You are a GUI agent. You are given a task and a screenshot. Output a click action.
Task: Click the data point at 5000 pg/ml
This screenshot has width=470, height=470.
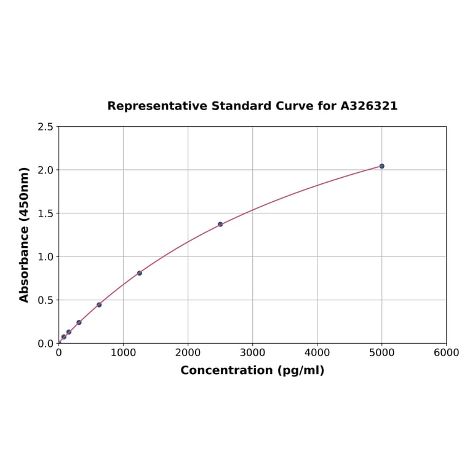pos(381,166)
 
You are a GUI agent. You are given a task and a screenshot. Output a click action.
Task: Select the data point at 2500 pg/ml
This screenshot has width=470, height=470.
pos(220,225)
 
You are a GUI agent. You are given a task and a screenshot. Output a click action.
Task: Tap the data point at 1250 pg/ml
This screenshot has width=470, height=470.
pos(140,273)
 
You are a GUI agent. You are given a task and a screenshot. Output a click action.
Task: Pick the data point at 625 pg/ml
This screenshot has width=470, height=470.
pos(99,305)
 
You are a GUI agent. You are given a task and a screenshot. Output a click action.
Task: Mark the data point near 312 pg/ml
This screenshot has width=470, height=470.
pos(79,322)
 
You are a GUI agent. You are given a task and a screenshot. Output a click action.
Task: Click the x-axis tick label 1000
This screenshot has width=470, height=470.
pos(123,352)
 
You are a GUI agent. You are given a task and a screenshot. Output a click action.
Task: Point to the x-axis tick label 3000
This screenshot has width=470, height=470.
pos(252,352)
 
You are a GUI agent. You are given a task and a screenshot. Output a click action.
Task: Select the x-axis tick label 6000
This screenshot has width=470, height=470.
pos(446,352)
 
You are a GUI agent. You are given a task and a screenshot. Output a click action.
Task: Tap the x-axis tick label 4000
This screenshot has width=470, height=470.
pos(317,352)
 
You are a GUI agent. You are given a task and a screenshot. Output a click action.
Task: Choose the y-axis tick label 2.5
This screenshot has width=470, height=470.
pos(46,127)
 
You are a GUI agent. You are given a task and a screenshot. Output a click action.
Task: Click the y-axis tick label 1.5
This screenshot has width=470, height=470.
pos(46,213)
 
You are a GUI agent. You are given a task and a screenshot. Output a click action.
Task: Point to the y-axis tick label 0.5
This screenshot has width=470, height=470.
pos(46,300)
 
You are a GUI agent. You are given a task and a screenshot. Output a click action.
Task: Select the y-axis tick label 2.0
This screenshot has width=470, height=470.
pos(46,170)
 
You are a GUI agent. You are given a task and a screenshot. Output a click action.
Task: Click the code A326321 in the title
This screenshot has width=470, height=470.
pos(368,106)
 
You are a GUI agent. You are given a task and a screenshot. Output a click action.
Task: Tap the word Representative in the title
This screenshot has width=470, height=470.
pos(157,106)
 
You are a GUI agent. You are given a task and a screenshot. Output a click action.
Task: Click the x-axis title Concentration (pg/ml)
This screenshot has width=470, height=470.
pos(252,370)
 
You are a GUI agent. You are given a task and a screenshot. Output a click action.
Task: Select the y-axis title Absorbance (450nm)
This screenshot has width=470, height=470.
pos(25,234)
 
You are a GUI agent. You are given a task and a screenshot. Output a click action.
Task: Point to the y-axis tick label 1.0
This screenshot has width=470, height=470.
pos(46,257)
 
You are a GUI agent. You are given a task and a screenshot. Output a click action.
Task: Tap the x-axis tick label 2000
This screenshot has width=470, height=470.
pos(188,352)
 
